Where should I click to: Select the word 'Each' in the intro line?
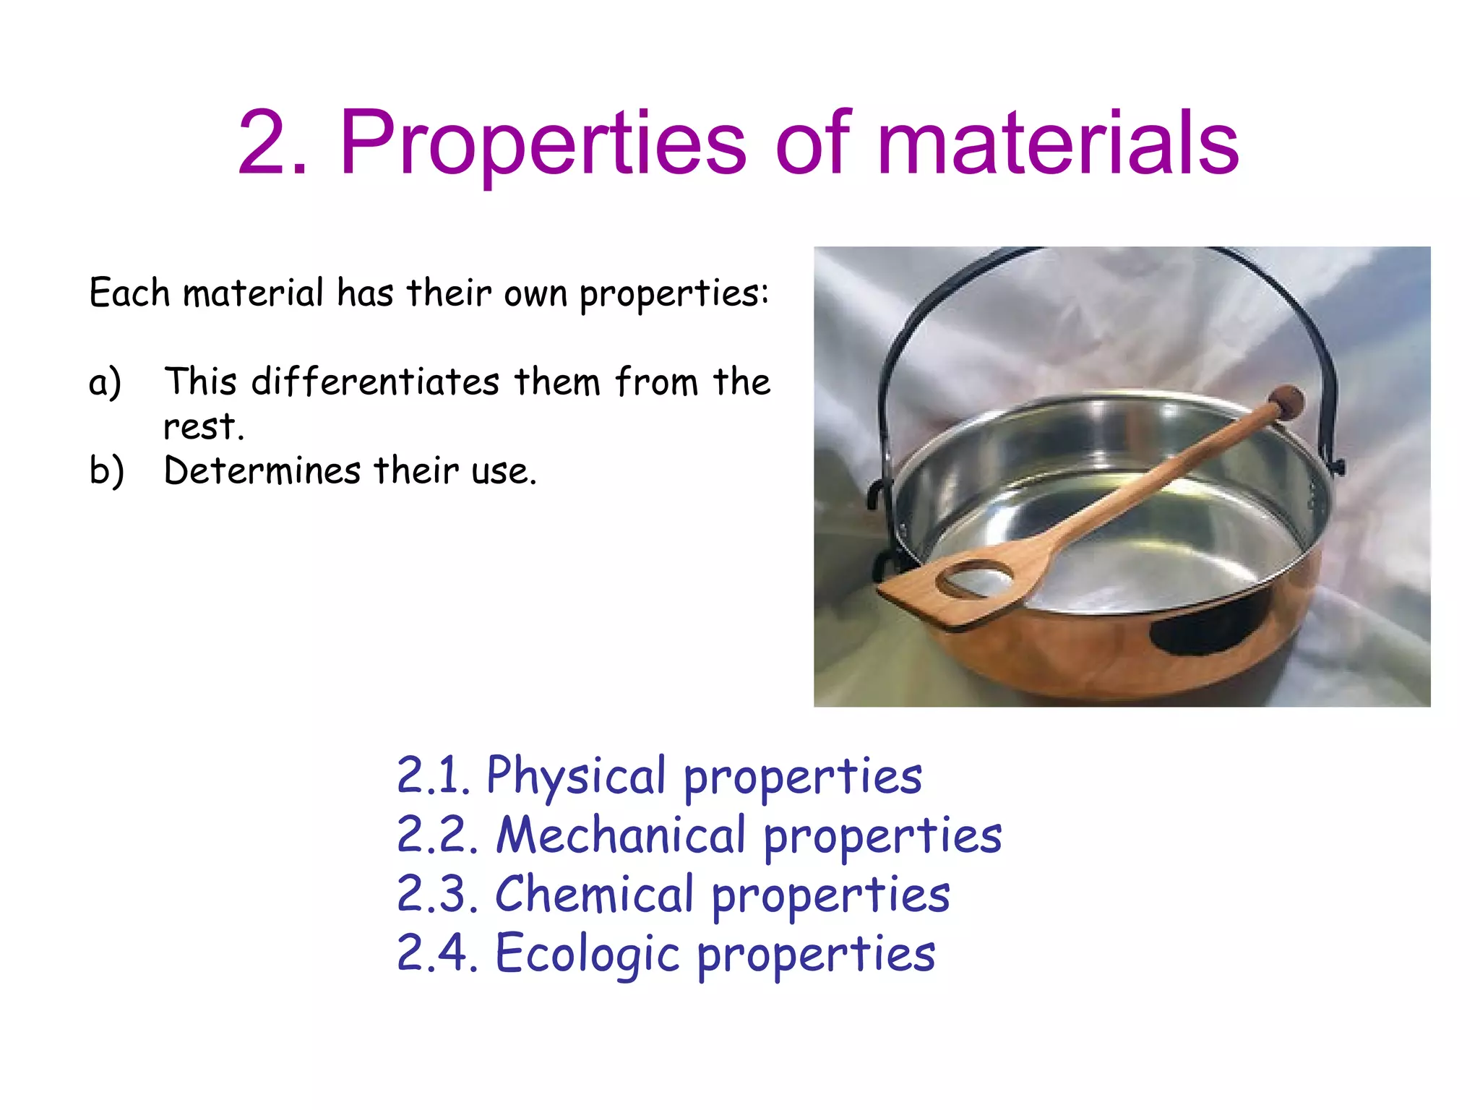pos(129,293)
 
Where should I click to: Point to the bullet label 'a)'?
pos(105,382)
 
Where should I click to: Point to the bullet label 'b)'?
pos(106,471)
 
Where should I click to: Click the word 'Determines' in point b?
pos(262,470)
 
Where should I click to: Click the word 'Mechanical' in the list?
pos(621,835)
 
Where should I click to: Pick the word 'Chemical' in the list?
pos(595,895)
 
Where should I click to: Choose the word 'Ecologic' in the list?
pos(588,954)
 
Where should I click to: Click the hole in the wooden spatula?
pos(976,579)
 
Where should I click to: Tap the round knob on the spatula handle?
pos(1287,402)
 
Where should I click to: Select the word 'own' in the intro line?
pos(535,294)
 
